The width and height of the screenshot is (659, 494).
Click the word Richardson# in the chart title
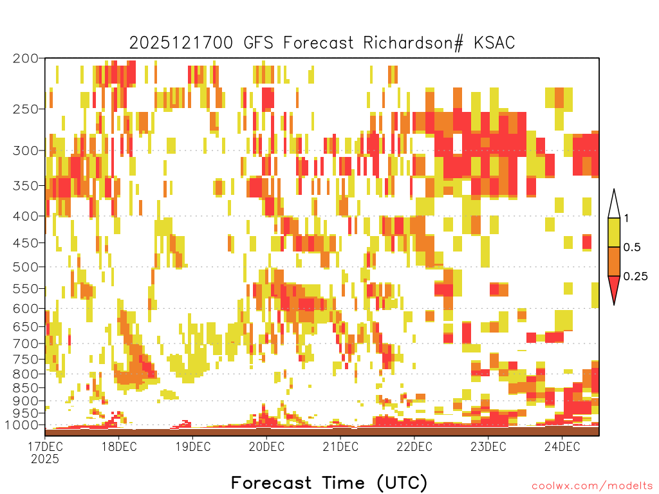point(414,43)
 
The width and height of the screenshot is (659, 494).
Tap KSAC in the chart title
point(494,43)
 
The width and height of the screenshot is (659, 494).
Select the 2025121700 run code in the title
point(181,43)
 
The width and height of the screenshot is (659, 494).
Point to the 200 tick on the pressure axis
point(25,59)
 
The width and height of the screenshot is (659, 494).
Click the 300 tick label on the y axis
point(25,151)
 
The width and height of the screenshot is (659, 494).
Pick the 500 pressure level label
point(25,267)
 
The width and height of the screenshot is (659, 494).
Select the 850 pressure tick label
point(25,388)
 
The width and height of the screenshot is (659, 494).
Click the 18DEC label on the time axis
point(119,446)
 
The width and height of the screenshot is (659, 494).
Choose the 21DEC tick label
point(340,446)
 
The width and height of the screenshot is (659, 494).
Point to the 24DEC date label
point(562,446)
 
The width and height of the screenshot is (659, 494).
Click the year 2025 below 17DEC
point(45,459)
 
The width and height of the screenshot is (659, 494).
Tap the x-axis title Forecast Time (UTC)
point(329,483)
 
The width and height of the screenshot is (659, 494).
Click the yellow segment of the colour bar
point(614,232)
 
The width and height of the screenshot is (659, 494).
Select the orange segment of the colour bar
point(614,261)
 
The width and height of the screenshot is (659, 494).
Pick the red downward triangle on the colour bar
point(614,287)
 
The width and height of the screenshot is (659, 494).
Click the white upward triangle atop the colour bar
point(614,206)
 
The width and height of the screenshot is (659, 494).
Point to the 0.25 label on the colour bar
point(635,277)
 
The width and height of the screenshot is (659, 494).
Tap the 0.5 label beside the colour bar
point(632,248)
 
